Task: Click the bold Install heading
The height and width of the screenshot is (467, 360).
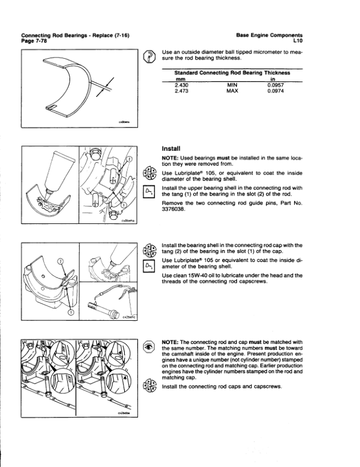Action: coord(171,147)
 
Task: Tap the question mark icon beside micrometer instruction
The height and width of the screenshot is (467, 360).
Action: coord(150,56)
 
